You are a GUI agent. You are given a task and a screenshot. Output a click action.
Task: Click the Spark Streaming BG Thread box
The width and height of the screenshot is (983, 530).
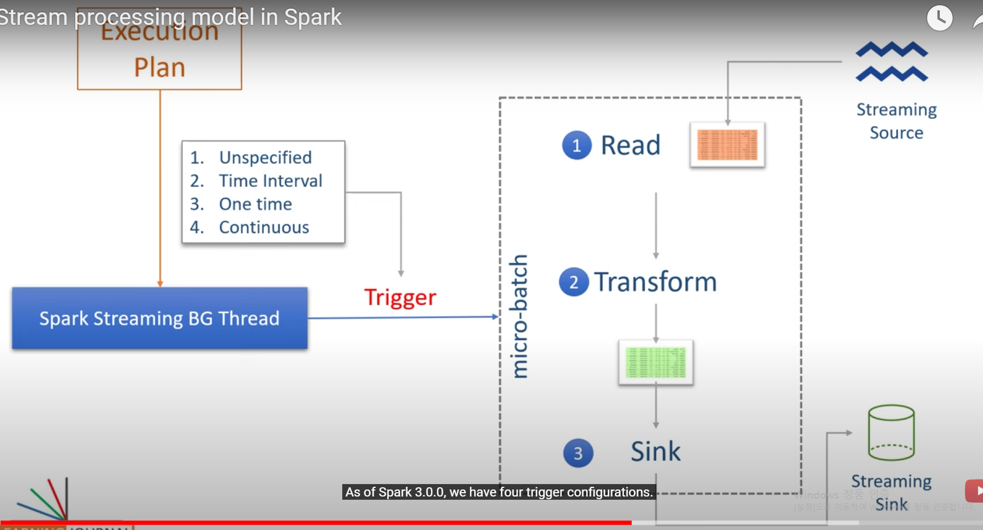click(x=160, y=318)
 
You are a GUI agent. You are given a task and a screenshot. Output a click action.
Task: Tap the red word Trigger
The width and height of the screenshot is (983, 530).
click(x=400, y=298)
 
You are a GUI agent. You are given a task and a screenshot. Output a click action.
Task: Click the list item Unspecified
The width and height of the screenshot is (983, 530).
click(x=265, y=157)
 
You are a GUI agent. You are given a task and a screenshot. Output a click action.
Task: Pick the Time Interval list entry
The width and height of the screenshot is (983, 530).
click(x=270, y=180)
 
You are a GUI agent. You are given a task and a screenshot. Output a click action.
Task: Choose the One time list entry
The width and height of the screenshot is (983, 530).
click(x=255, y=204)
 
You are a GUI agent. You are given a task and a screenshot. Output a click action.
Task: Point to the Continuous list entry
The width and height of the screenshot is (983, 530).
click(x=264, y=227)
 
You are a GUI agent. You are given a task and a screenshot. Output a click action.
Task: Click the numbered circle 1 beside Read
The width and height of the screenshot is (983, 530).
click(x=576, y=145)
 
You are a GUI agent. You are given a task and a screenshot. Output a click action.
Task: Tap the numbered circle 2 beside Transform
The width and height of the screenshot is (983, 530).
click(x=574, y=282)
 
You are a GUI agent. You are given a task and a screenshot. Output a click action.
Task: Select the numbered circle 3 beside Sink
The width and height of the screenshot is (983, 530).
click(x=578, y=453)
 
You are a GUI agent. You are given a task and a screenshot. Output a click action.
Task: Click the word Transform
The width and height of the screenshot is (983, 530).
click(x=655, y=282)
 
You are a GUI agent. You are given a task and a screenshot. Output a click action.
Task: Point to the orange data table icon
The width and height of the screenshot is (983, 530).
click(x=727, y=145)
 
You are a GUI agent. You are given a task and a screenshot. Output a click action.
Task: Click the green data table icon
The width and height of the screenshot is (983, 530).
click(x=655, y=362)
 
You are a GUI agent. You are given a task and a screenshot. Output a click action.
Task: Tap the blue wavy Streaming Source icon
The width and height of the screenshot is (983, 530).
click(x=892, y=62)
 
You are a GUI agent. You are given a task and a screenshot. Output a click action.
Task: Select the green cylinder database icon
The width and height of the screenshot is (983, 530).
click(x=891, y=432)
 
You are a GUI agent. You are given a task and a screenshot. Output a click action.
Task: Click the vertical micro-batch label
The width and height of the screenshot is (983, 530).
click(x=519, y=316)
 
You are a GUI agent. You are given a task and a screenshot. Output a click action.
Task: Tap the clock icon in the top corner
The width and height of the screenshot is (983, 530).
click(x=939, y=18)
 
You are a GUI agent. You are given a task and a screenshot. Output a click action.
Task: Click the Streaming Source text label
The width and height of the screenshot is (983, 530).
click(x=896, y=121)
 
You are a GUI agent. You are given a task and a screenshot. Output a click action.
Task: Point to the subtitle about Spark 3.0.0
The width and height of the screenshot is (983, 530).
click(x=499, y=492)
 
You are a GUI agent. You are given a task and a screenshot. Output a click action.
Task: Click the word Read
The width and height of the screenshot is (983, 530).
click(x=630, y=145)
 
